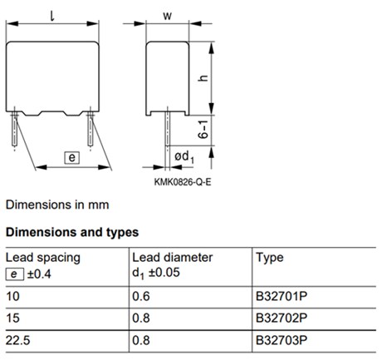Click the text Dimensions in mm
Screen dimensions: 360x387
point(56,204)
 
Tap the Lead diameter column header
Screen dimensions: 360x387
point(172,258)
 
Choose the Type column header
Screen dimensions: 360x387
point(270,258)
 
